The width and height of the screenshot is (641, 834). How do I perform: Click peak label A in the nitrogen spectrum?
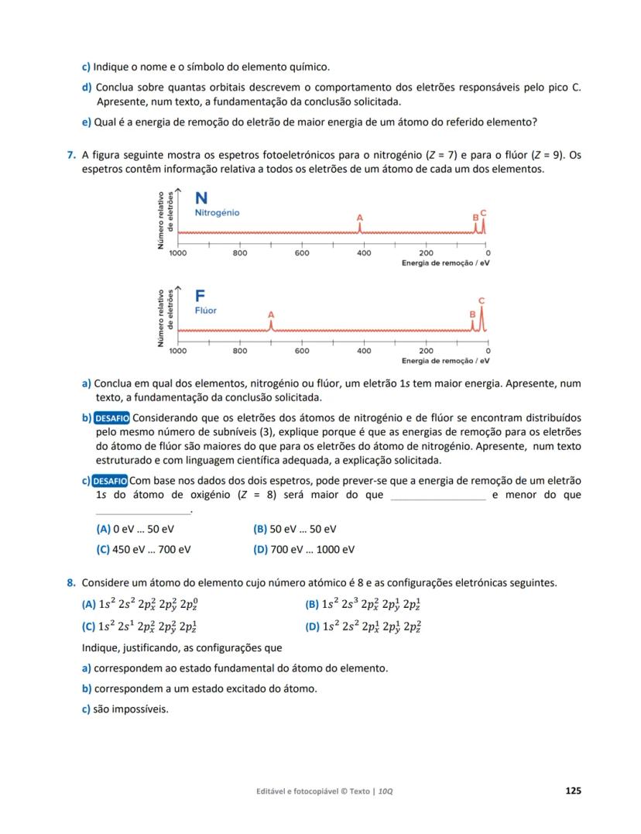tap(359, 218)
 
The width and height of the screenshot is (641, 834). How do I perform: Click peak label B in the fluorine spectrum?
tap(472, 314)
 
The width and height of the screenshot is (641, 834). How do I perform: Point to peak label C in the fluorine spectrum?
tap(482, 300)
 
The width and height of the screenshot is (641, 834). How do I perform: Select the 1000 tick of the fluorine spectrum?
tap(178, 351)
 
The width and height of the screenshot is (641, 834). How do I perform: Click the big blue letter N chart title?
tap(201, 198)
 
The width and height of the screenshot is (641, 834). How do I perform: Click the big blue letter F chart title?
tap(200, 297)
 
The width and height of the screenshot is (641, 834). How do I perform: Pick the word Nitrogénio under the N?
tap(217, 212)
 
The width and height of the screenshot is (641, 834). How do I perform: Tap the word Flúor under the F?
tap(206, 311)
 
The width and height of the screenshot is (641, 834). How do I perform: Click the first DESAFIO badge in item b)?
tap(111, 418)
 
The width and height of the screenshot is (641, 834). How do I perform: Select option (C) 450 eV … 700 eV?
tap(144, 549)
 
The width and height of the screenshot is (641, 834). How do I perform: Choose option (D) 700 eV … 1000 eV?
tap(303, 549)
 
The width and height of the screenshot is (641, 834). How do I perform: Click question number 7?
tap(71, 155)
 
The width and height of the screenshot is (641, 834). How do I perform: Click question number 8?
tap(71, 583)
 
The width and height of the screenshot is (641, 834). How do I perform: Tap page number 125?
tap(573, 791)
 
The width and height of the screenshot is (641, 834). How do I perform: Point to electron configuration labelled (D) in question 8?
tap(364, 626)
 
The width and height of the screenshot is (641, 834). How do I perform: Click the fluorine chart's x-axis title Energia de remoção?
tap(445, 361)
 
